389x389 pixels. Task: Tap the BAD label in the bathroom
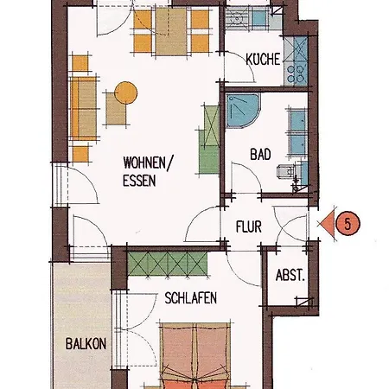tap(260, 155)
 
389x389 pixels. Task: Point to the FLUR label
tap(249, 229)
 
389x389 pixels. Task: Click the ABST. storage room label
tap(290, 277)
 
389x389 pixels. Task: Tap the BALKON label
tap(85, 344)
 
